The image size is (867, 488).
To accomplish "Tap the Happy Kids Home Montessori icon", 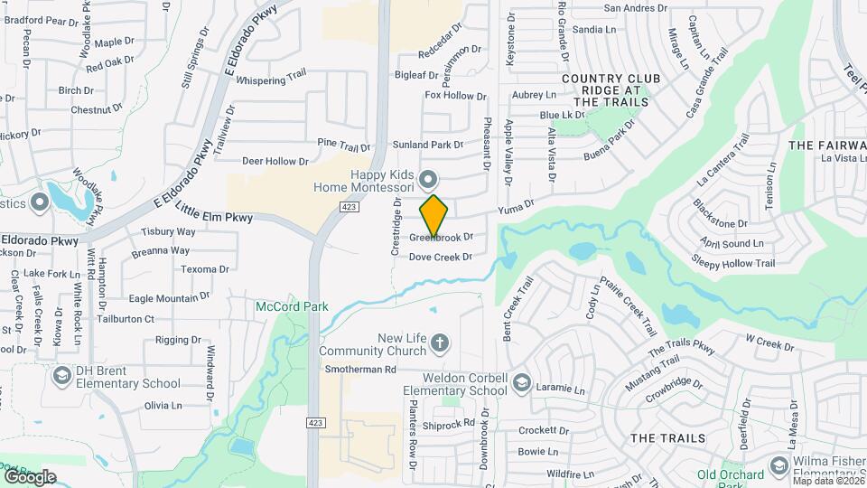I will tap(429, 178).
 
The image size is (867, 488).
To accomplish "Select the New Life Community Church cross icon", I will tap(440, 343).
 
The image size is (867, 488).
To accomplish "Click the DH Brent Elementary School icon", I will tap(62, 375).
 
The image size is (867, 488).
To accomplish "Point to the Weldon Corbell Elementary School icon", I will tap(521, 384).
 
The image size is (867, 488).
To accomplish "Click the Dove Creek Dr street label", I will tap(441, 258).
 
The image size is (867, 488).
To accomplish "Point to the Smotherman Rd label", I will tap(360, 370).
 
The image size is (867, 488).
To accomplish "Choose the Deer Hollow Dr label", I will tap(275, 162).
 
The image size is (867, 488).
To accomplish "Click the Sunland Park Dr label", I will tap(427, 145).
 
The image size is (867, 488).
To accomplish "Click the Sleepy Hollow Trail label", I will tap(733, 264).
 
